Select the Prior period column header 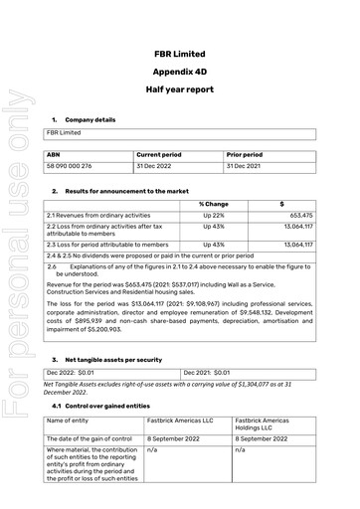coord(245,155)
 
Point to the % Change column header coord(214,203)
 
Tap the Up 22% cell coord(214,215)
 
